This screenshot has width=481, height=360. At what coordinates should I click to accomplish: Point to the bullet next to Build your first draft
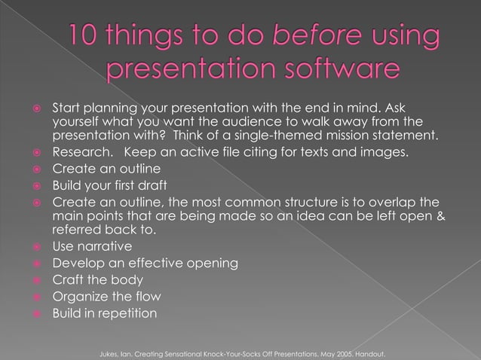pos(31,186)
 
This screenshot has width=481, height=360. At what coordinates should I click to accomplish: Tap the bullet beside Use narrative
pos(31,248)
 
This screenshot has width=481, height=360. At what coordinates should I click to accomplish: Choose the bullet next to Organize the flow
pos(31,297)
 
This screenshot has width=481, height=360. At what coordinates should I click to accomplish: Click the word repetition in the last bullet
pos(127,313)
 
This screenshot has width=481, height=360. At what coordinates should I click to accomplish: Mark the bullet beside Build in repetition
pos(31,313)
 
